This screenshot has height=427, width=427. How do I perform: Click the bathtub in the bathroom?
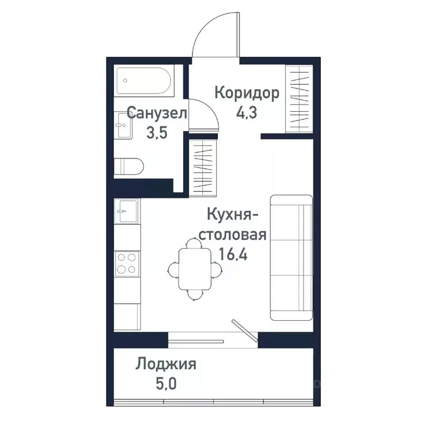pyautogui.click(x=145, y=82)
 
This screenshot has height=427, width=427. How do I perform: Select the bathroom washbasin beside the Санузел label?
pyautogui.click(x=124, y=126)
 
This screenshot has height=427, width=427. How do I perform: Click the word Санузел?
pyautogui.click(x=157, y=114)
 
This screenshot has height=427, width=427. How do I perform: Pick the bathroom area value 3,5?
pyautogui.click(x=156, y=134)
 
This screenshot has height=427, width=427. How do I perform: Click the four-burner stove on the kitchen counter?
pyautogui.click(x=127, y=263)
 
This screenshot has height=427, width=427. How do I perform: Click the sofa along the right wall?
pyautogui.click(x=290, y=257)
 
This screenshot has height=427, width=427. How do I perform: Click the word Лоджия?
pyautogui.click(x=166, y=364)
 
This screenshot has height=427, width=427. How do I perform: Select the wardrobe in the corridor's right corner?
pyautogui.click(x=298, y=99)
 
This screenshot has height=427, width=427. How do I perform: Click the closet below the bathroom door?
pyautogui.click(x=201, y=166)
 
